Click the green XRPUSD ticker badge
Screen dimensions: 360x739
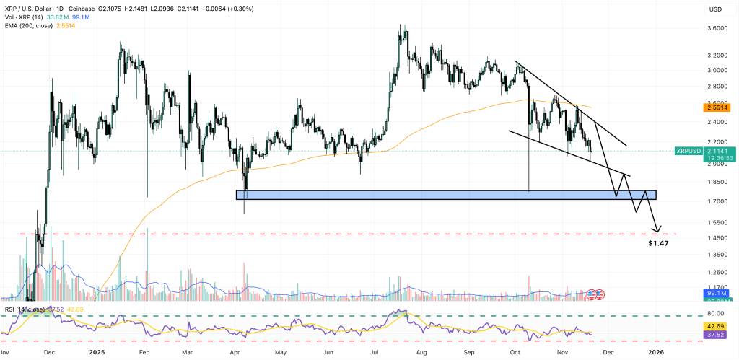click(688, 151)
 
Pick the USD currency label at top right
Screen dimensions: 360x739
click(716, 9)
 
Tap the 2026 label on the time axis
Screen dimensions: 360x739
click(655, 353)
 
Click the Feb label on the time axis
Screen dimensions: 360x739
click(143, 353)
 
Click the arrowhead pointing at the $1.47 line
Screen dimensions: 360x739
click(657, 230)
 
